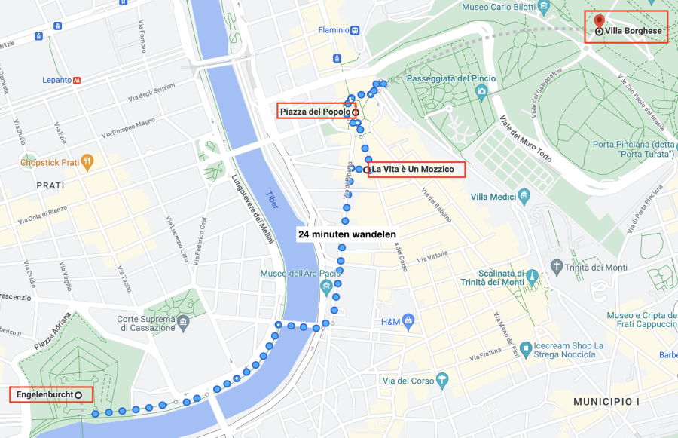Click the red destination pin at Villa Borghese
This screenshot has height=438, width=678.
click(x=599, y=20)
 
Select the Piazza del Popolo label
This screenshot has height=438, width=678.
click(x=315, y=112)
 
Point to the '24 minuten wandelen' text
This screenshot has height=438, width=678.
click(x=347, y=234)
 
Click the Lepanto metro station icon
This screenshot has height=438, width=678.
click(x=77, y=80)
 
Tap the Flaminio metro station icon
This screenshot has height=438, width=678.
click(x=355, y=31)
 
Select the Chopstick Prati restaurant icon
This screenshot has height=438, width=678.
click(x=88, y=161)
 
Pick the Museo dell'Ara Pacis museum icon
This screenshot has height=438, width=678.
click(x=326, y=286)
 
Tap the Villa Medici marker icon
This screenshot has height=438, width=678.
click(x=524, y=197)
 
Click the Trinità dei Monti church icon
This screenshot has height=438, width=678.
click(x=557, y=267)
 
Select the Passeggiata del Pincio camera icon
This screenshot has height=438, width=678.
click(x=481, y=92)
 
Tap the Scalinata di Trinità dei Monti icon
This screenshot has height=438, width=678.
click(x=533, y=277)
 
